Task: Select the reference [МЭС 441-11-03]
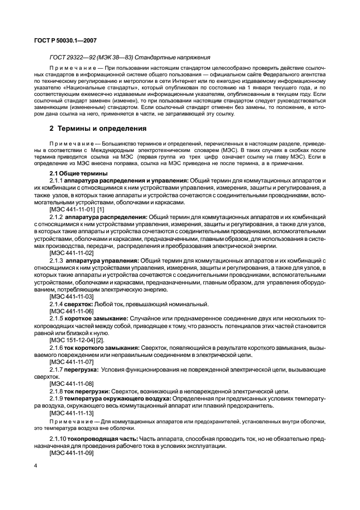click(71, 296)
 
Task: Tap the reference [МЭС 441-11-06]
click(71, 310)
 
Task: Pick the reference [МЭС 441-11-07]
click(71, 361)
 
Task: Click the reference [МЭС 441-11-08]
click(71, 384)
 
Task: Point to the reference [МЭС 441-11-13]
click(71, 412)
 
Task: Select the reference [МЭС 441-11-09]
click(71, 453)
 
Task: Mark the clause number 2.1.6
click(57, 347)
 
